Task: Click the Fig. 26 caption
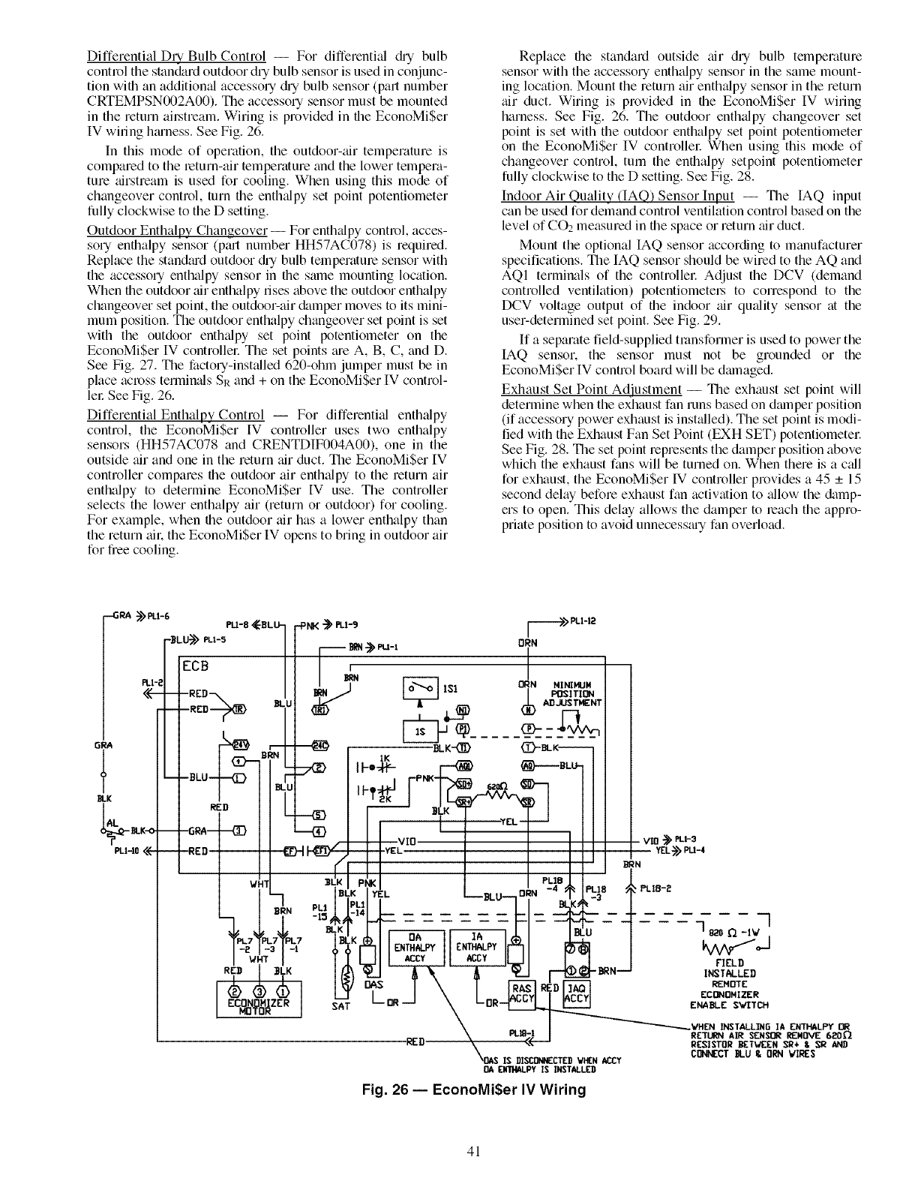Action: click(464, 1089)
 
